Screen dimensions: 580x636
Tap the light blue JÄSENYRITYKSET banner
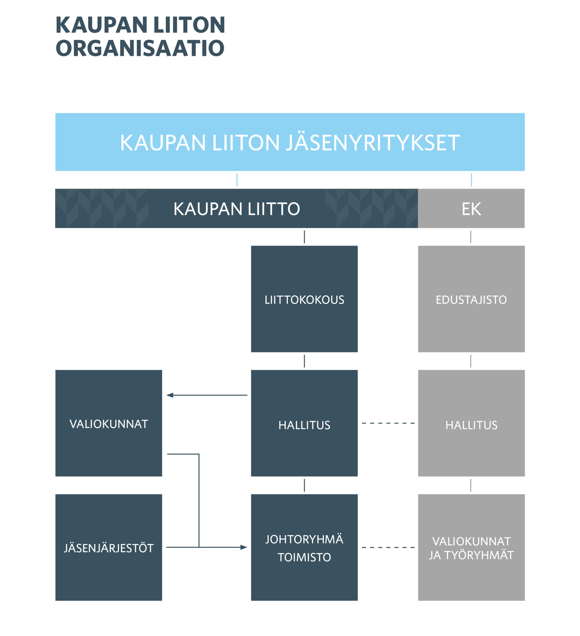pyautogui.click(x=290, y=142)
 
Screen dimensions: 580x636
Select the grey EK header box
pyautogui.click(x=471, y=208)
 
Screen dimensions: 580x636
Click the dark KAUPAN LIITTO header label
pyautogui.click(x=237, y=209)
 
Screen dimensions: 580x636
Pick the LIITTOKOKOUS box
pyautogui.click(x=304, y=299)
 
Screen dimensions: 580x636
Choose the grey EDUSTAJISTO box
pyautogui.click(x=471, y=299)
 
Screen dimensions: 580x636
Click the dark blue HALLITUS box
pyautogui.click(x=304, y=423)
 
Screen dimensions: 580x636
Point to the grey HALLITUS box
pyautogui.click(x=471, y=423)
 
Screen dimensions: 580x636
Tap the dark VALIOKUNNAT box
pyautogui.click(x=109, y=423)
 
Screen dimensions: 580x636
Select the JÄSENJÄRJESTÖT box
pyautogui.click(x=109, y=547)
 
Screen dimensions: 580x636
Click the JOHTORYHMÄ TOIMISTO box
pyautogui.click(x=304, y=547)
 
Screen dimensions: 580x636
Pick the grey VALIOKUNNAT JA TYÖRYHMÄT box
pyautogui.click(x=471, y=547)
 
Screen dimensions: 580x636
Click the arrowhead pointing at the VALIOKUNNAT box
pyautogui.click(x=170, y=395)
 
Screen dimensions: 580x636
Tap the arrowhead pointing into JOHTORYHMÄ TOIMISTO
pyautogui.click(x=244, y=547)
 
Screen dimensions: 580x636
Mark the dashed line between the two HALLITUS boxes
pyautogui.click(x=388, y=423)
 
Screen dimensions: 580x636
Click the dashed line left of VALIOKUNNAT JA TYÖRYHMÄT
pyautogui.click(x=388, y=547)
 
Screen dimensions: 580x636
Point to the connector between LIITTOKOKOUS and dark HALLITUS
pyautogui.click(x=304, y=361)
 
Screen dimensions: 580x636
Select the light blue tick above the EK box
pyautogui.click(x=471, y=180)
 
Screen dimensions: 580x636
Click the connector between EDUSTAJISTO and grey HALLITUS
pyautogui.click(x=471, y=361)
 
